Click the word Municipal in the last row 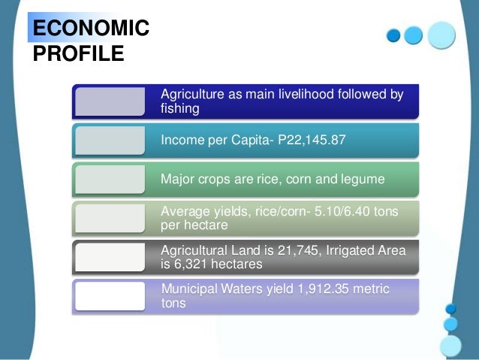191,289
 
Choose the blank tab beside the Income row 110,141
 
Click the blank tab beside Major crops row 110,180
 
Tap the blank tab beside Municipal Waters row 110,296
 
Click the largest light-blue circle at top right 441,35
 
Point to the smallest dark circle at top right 393,36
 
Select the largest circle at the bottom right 450,346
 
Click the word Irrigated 354,250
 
